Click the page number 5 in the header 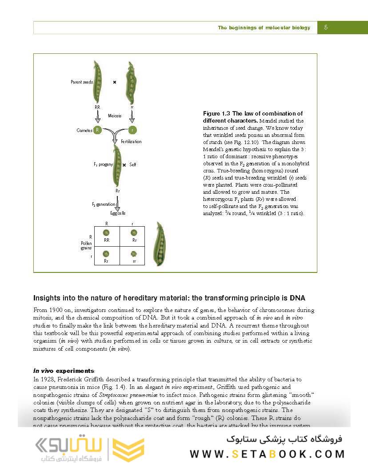[x=326, y=28]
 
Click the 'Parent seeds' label [x=82, y=82]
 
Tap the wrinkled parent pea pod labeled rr [x=130, y=83]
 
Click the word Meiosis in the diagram [x=115, y=116]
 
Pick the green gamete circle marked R [x=98, y=130]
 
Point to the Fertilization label [x=131, y=141]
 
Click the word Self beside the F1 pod [x=132, y=164]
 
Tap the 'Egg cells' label [x=118, y=213]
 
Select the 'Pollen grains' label [x=86, y=246]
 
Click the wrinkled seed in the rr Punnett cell [x=134, y=254]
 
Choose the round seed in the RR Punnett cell [x=106, y=232]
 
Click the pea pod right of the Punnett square [x=159, y=244]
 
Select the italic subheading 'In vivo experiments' [x=64, y=371]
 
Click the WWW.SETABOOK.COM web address [x=267, y=454]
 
